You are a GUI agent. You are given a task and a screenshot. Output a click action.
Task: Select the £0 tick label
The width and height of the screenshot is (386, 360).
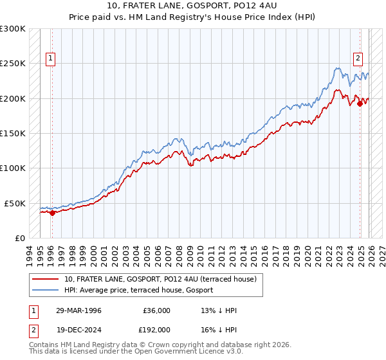pos(19,238)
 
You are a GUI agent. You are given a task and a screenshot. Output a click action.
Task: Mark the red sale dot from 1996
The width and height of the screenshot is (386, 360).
pos(52,213)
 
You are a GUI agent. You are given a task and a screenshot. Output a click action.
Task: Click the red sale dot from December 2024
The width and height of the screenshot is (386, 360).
pos(360,104)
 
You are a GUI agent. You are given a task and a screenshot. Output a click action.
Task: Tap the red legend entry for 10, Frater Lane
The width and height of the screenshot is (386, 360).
pos(160,279)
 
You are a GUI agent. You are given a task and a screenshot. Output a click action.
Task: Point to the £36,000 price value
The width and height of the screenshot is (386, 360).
pos(156,310)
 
